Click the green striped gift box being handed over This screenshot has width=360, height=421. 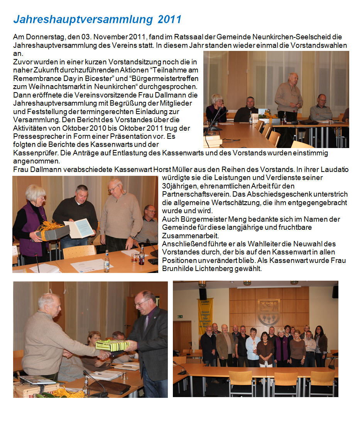click(x=112, y=345)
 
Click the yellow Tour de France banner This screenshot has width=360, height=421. click(x=205, y=317)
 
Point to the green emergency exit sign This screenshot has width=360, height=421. click(x=180, y=317)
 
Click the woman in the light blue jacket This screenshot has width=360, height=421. click(x=253, y=346)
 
